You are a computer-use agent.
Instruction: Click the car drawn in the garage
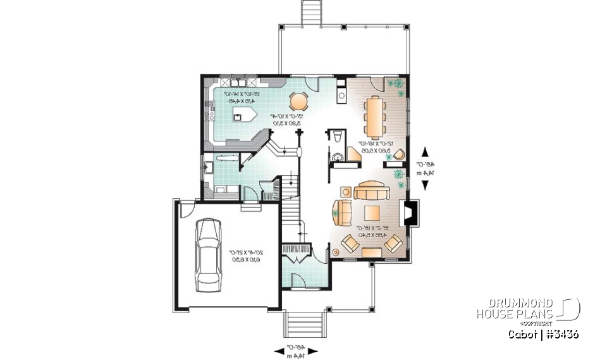click(x=207, y=255)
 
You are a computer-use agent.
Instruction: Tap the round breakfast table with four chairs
click(x=298, y=101)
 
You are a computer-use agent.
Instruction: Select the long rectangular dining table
click(x=376, y=116)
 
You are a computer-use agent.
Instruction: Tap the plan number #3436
click(x=559, y=334)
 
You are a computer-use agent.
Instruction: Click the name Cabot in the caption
click(x=523, y=334)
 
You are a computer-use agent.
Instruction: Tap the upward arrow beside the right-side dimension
click(x=425, y=151)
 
